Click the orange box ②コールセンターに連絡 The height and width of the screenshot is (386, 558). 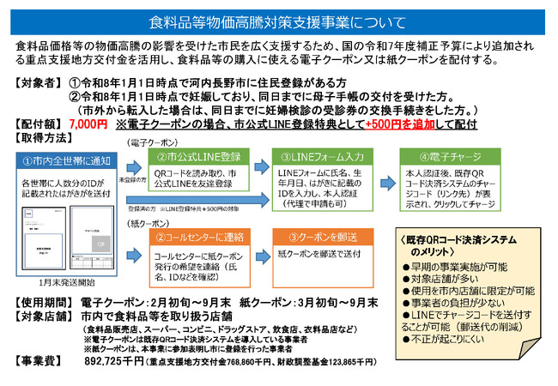click(x=197, y=236)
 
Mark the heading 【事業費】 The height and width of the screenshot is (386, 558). click(x=39, y=361)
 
